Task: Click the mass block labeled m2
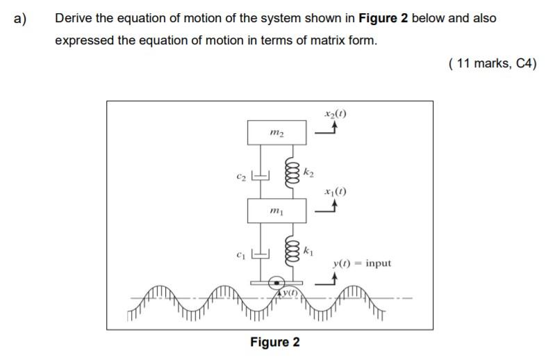pyautogui.click(x=275, y=132)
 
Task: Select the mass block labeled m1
pyautogui.click(x=275, y=211)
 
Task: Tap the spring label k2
pyautogui.click(x=309, y=171)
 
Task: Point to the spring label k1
pyautogui.click(x=310, y=249)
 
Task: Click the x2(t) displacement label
pyautogui.click(x=335, y=113)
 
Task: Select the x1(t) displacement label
pyautogui.click(x=335, y=191)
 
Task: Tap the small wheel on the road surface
pyautogui.click(x=276, y=284)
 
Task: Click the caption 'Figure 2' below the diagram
pyautogui.click(x=275, y=342)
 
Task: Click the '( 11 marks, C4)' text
pyautogui.click(x=493, y=65)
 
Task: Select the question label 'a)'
pyautogui.click(x=19, y=18)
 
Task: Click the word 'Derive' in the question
pyautogui.click(x=73, y=18)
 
